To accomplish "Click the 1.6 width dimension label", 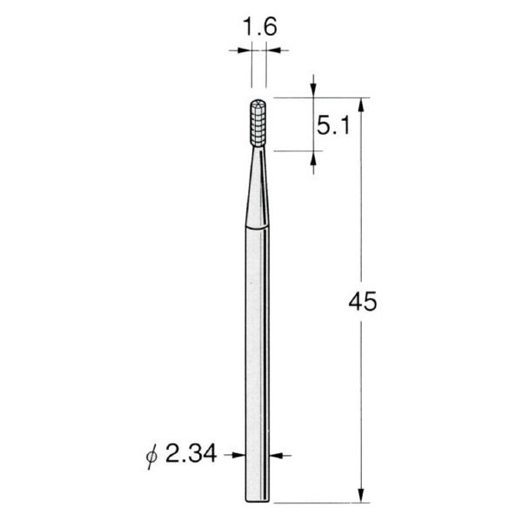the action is click(259, 27).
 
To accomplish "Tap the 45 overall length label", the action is click(363, 302).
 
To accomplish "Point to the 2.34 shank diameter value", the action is click(191, 454).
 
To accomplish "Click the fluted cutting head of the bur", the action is click(258, 124).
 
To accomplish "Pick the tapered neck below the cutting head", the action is click(257, 186).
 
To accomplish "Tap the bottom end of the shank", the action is click(257, 501).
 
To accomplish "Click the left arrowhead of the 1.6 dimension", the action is click(244, 50).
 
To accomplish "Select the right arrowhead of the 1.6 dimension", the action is click(273, 50).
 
